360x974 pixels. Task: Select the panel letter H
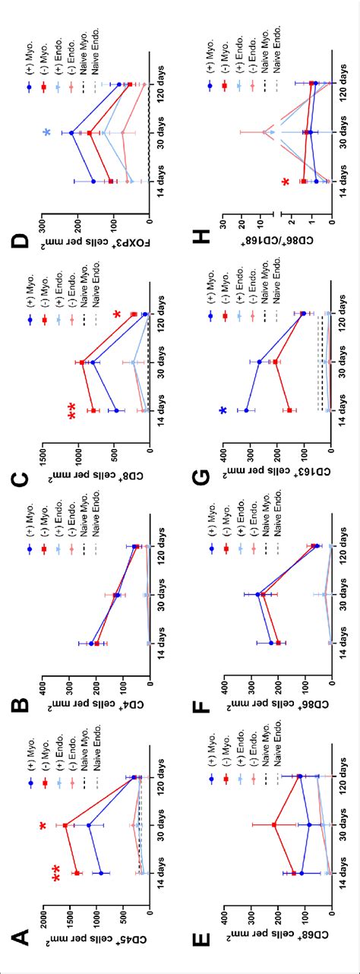(x=201, y=241)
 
